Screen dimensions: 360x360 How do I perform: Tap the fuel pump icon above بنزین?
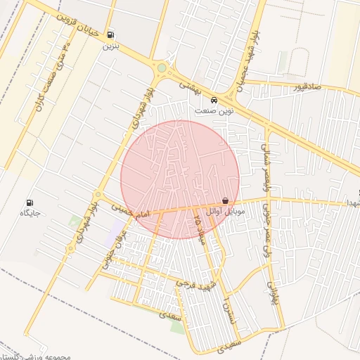click(x=110, y=35)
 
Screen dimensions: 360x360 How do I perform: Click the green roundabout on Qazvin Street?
click(x=162, y=68)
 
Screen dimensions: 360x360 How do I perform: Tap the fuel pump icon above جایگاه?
click(x=30, y=202)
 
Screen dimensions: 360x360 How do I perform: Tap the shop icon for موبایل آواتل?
click(x=225, y=201)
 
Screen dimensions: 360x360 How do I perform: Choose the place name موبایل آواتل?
click(x=226, y=212)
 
